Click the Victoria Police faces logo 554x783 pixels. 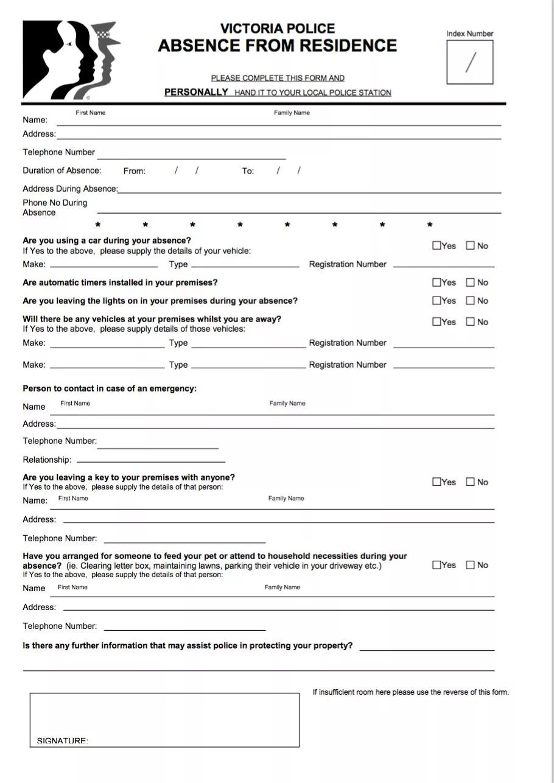click(70, 60)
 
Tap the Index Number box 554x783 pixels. click(469, 62)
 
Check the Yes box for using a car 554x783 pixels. click(437, 246)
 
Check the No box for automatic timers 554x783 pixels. click(470, 283)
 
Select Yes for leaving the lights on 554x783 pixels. click(437, 301)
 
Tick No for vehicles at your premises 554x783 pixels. click(470, 322)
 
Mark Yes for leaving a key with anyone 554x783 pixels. click(437, 482)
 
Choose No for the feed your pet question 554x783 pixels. click(470, 565)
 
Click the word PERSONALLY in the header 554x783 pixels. click(196, 93)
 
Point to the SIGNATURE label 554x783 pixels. click(62, 740)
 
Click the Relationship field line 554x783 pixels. click(151, 462)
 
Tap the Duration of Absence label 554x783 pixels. click(62, 170)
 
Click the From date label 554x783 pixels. click(134, 171)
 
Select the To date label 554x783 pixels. click(248, 171)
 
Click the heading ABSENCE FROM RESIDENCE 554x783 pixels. click(278, 46)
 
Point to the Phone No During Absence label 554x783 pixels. click(55, 208)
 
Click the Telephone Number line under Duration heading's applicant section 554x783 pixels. click(191, 158)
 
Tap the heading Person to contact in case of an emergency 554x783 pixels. click(110, 388)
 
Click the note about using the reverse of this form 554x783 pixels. click(410, 692)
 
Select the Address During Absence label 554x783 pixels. click(70, 189)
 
